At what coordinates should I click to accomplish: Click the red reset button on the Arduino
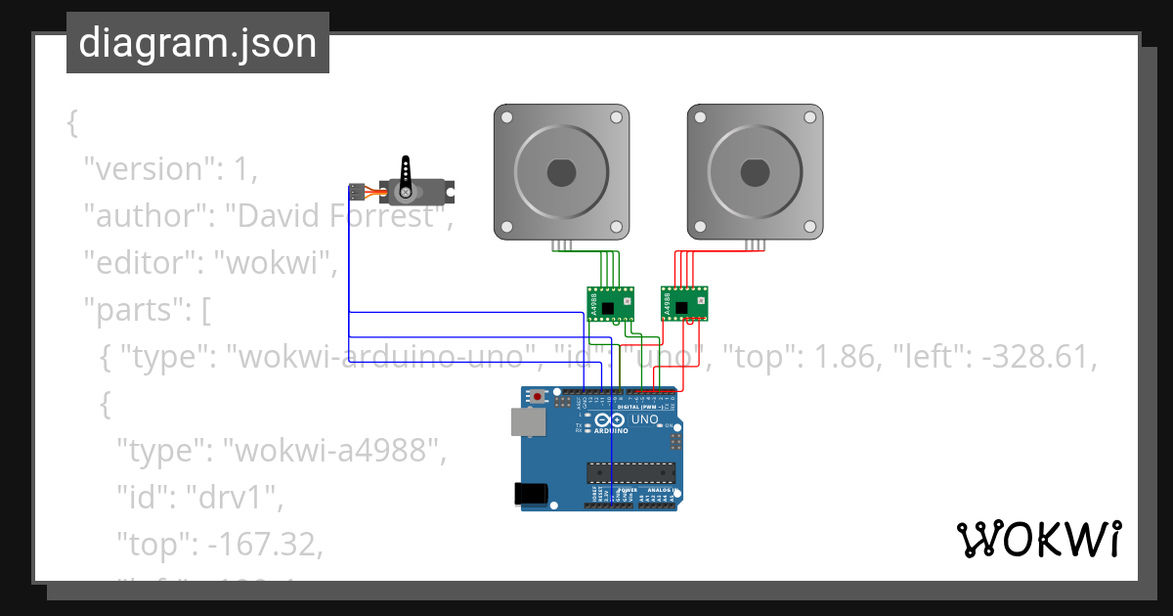pos(538,397)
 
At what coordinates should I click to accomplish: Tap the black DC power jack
pos(531,494)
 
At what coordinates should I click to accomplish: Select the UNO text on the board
pos(645,419)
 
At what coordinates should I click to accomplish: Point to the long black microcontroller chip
pos(630,473)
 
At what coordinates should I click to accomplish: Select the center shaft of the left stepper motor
pos(561,172)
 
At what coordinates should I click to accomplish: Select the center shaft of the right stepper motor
pos(754,172)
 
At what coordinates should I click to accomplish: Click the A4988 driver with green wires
pos(610,304)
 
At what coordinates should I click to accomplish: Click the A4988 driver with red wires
pos(685,302)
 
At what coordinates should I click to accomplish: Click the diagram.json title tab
pos(197,43)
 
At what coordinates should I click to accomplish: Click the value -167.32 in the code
pos(262,545)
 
